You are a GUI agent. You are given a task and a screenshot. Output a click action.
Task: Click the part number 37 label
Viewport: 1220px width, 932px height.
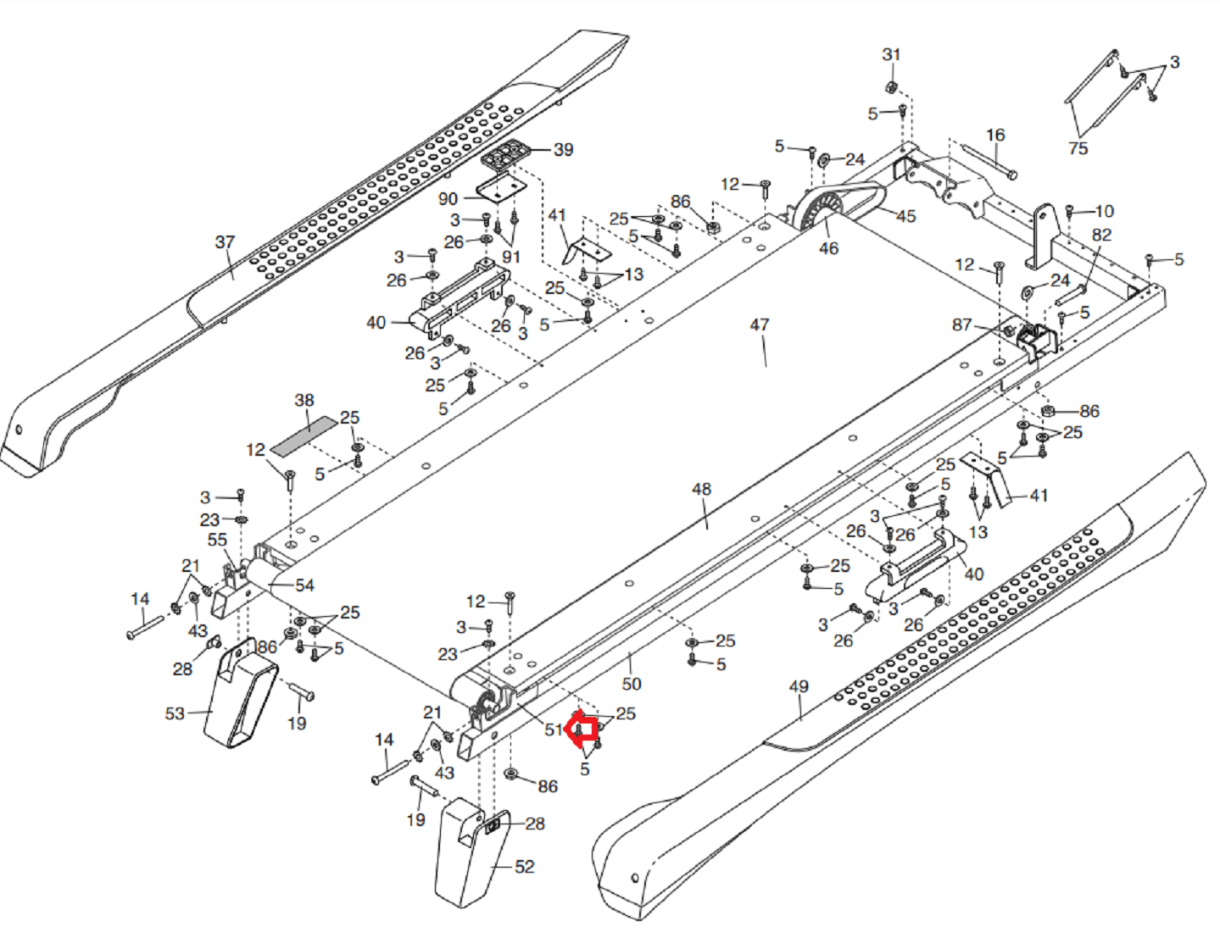(225, 242)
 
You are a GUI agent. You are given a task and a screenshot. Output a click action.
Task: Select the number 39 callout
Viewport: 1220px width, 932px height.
(563, 150)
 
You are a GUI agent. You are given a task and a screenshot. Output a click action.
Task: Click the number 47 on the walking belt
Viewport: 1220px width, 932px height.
(760, 325)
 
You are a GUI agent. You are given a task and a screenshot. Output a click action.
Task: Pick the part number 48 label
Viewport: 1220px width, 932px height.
(701, 490)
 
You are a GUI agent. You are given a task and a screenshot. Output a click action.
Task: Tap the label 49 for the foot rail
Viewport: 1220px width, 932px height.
(799, 687)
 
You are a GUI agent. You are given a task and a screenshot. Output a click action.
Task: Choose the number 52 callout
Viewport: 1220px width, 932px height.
(524, 867)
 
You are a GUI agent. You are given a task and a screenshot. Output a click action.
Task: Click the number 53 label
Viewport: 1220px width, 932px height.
(175, 713)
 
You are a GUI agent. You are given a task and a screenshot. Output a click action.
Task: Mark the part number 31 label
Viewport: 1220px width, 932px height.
(891, 55)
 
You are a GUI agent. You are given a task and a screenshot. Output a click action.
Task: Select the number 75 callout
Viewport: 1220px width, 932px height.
(1078, 148)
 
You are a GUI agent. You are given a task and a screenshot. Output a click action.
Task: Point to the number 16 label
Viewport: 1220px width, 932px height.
(994, 135)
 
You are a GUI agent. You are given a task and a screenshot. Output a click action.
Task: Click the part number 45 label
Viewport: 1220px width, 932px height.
(906, 216)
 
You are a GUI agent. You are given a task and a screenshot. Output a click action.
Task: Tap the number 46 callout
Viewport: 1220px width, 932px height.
(828, 248)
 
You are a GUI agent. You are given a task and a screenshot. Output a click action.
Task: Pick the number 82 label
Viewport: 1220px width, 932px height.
(1101, 236)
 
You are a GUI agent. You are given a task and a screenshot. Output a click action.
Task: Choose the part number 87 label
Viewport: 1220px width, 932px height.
(961, 325)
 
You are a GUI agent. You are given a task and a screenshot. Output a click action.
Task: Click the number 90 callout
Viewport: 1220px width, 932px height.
(448, 199)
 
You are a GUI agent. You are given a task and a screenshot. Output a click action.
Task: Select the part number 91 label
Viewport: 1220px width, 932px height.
(510, 257)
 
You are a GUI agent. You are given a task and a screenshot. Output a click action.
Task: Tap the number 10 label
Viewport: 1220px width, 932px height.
(1105, 212)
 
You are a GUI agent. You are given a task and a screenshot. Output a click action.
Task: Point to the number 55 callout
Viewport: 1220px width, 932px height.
(217, 540)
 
